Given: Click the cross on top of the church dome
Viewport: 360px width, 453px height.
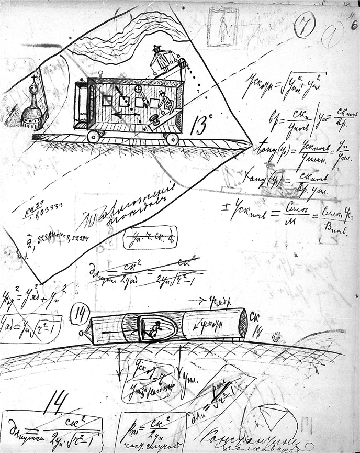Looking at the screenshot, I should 35,80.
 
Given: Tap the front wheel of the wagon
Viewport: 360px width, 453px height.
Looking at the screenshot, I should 94,136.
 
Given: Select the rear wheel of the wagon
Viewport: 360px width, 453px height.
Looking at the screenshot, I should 172,139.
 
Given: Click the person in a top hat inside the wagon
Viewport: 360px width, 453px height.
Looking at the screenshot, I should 166,101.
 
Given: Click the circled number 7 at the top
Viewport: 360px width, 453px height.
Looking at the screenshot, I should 304,25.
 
